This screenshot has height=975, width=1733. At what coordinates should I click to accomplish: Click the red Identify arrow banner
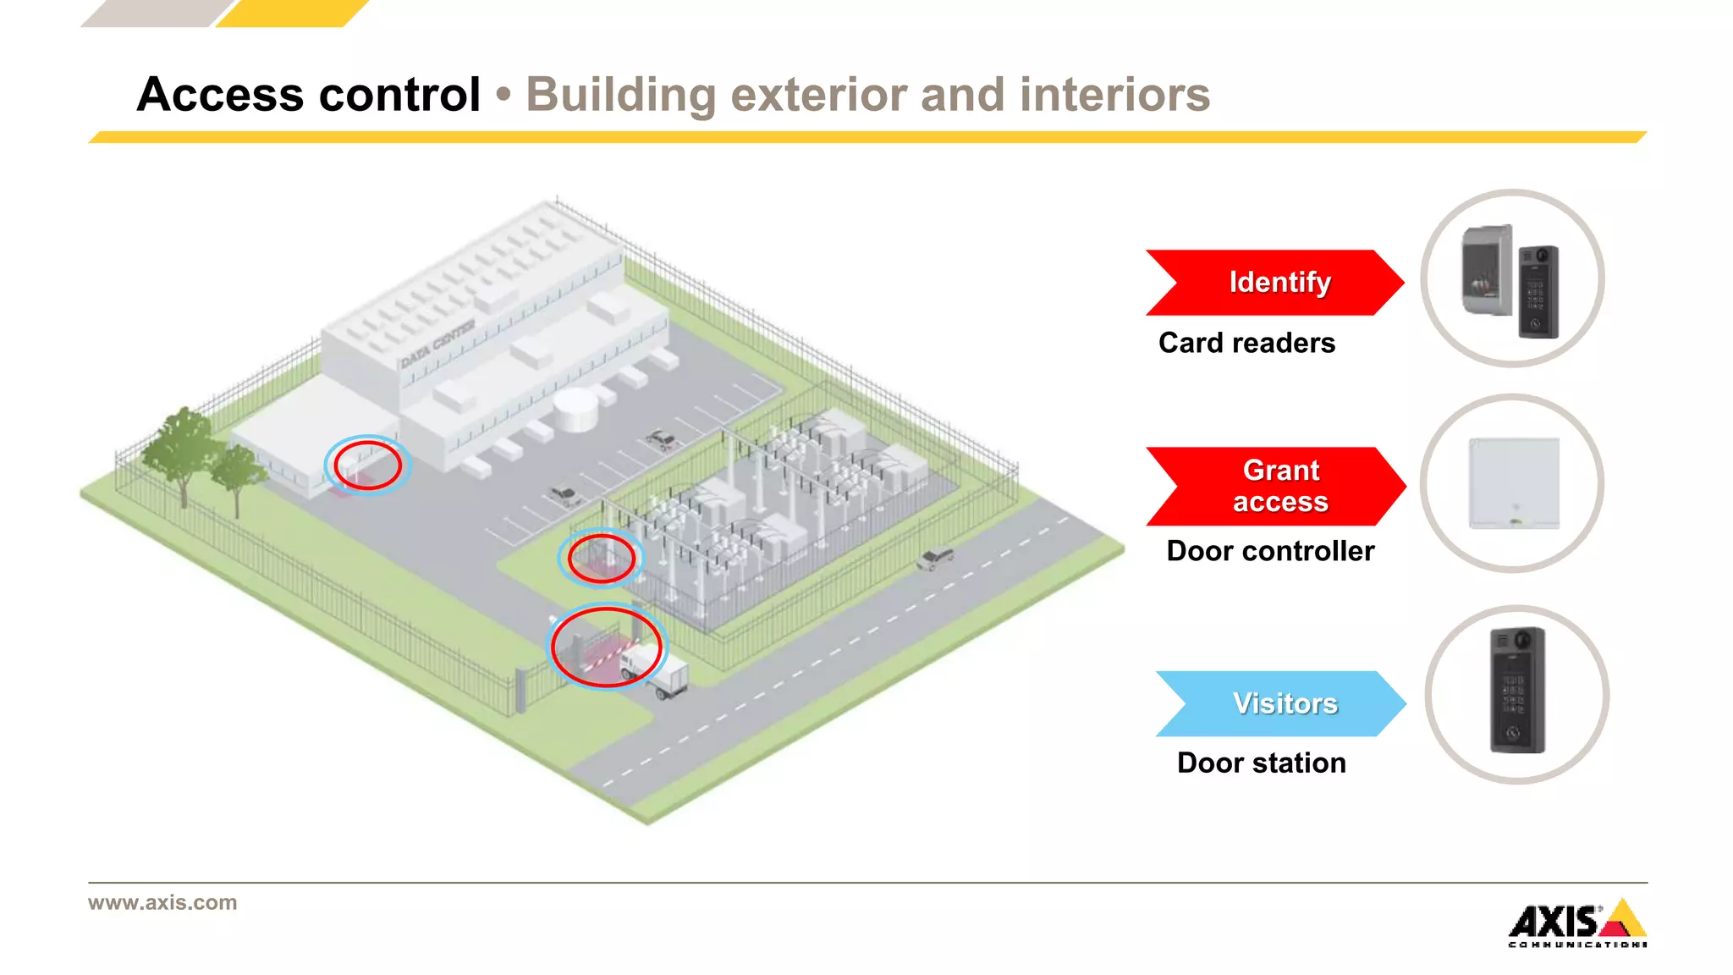(x=1274, y=283)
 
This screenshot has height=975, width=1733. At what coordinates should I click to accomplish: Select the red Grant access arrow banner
(x=1274, y=486)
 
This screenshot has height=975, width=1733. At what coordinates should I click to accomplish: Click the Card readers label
(x=1246, y=343)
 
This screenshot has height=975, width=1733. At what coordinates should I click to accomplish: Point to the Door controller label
(x=1269, y=551)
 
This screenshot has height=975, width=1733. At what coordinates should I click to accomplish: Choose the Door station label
(x=1261, y=763)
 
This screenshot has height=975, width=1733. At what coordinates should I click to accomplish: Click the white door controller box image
(x=1514, y=483)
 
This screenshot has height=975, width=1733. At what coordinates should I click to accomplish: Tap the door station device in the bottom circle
(x=1517, y=691)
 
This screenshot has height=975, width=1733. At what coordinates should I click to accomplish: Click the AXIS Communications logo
(x=1577, y=923)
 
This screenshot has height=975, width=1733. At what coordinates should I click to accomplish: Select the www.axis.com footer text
(x=162, y=902)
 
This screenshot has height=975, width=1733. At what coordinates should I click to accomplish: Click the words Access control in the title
(x=309, y=94)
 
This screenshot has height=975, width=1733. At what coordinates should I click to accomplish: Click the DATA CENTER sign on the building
(x=437, y=343)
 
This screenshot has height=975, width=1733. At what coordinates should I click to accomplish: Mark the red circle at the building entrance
(x=367, y=465)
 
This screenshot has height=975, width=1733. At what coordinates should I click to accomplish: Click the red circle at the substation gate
(x=601, y=558)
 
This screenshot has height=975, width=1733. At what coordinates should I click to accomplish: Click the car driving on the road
(x=935, y=559)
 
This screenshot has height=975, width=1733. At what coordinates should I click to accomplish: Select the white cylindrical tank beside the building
(x=576, y=410)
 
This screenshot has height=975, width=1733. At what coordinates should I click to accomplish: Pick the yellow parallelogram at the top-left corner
(x=292, y=13)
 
